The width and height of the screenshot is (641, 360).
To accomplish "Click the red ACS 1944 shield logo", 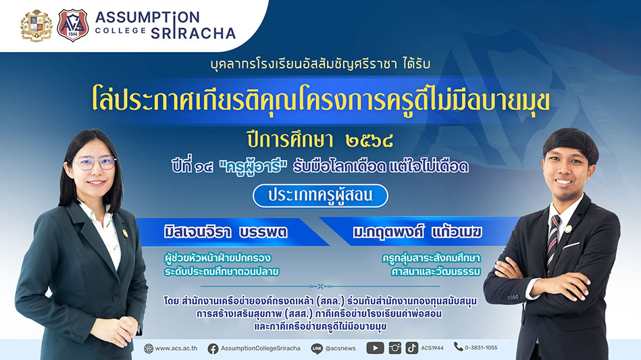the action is (72, 26).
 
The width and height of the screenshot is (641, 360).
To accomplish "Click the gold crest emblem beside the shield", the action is (36, 26).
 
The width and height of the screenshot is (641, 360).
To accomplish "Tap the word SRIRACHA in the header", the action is (193, 33).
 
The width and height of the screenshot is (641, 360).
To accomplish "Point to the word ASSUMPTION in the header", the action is (147, 17).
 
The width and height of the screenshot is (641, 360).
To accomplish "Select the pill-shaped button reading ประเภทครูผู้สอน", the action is (320, 196).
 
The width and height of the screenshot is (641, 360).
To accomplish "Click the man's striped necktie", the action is (553, 241).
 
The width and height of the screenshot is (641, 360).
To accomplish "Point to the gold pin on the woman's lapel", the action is (125, 233).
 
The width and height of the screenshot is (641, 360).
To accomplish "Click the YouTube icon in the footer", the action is (375, 348).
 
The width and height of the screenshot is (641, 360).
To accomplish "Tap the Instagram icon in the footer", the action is (394, 348).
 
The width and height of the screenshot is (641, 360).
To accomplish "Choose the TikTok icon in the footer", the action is (411, 348).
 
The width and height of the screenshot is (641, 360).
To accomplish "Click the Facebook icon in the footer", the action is (213, 349).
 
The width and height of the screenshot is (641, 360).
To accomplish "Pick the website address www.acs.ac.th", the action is (176, 349).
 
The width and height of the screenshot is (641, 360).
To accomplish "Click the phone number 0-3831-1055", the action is (481, 348).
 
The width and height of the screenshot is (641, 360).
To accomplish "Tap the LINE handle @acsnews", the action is (340, 349).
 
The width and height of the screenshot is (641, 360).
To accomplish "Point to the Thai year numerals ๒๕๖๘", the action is (369, 141).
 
